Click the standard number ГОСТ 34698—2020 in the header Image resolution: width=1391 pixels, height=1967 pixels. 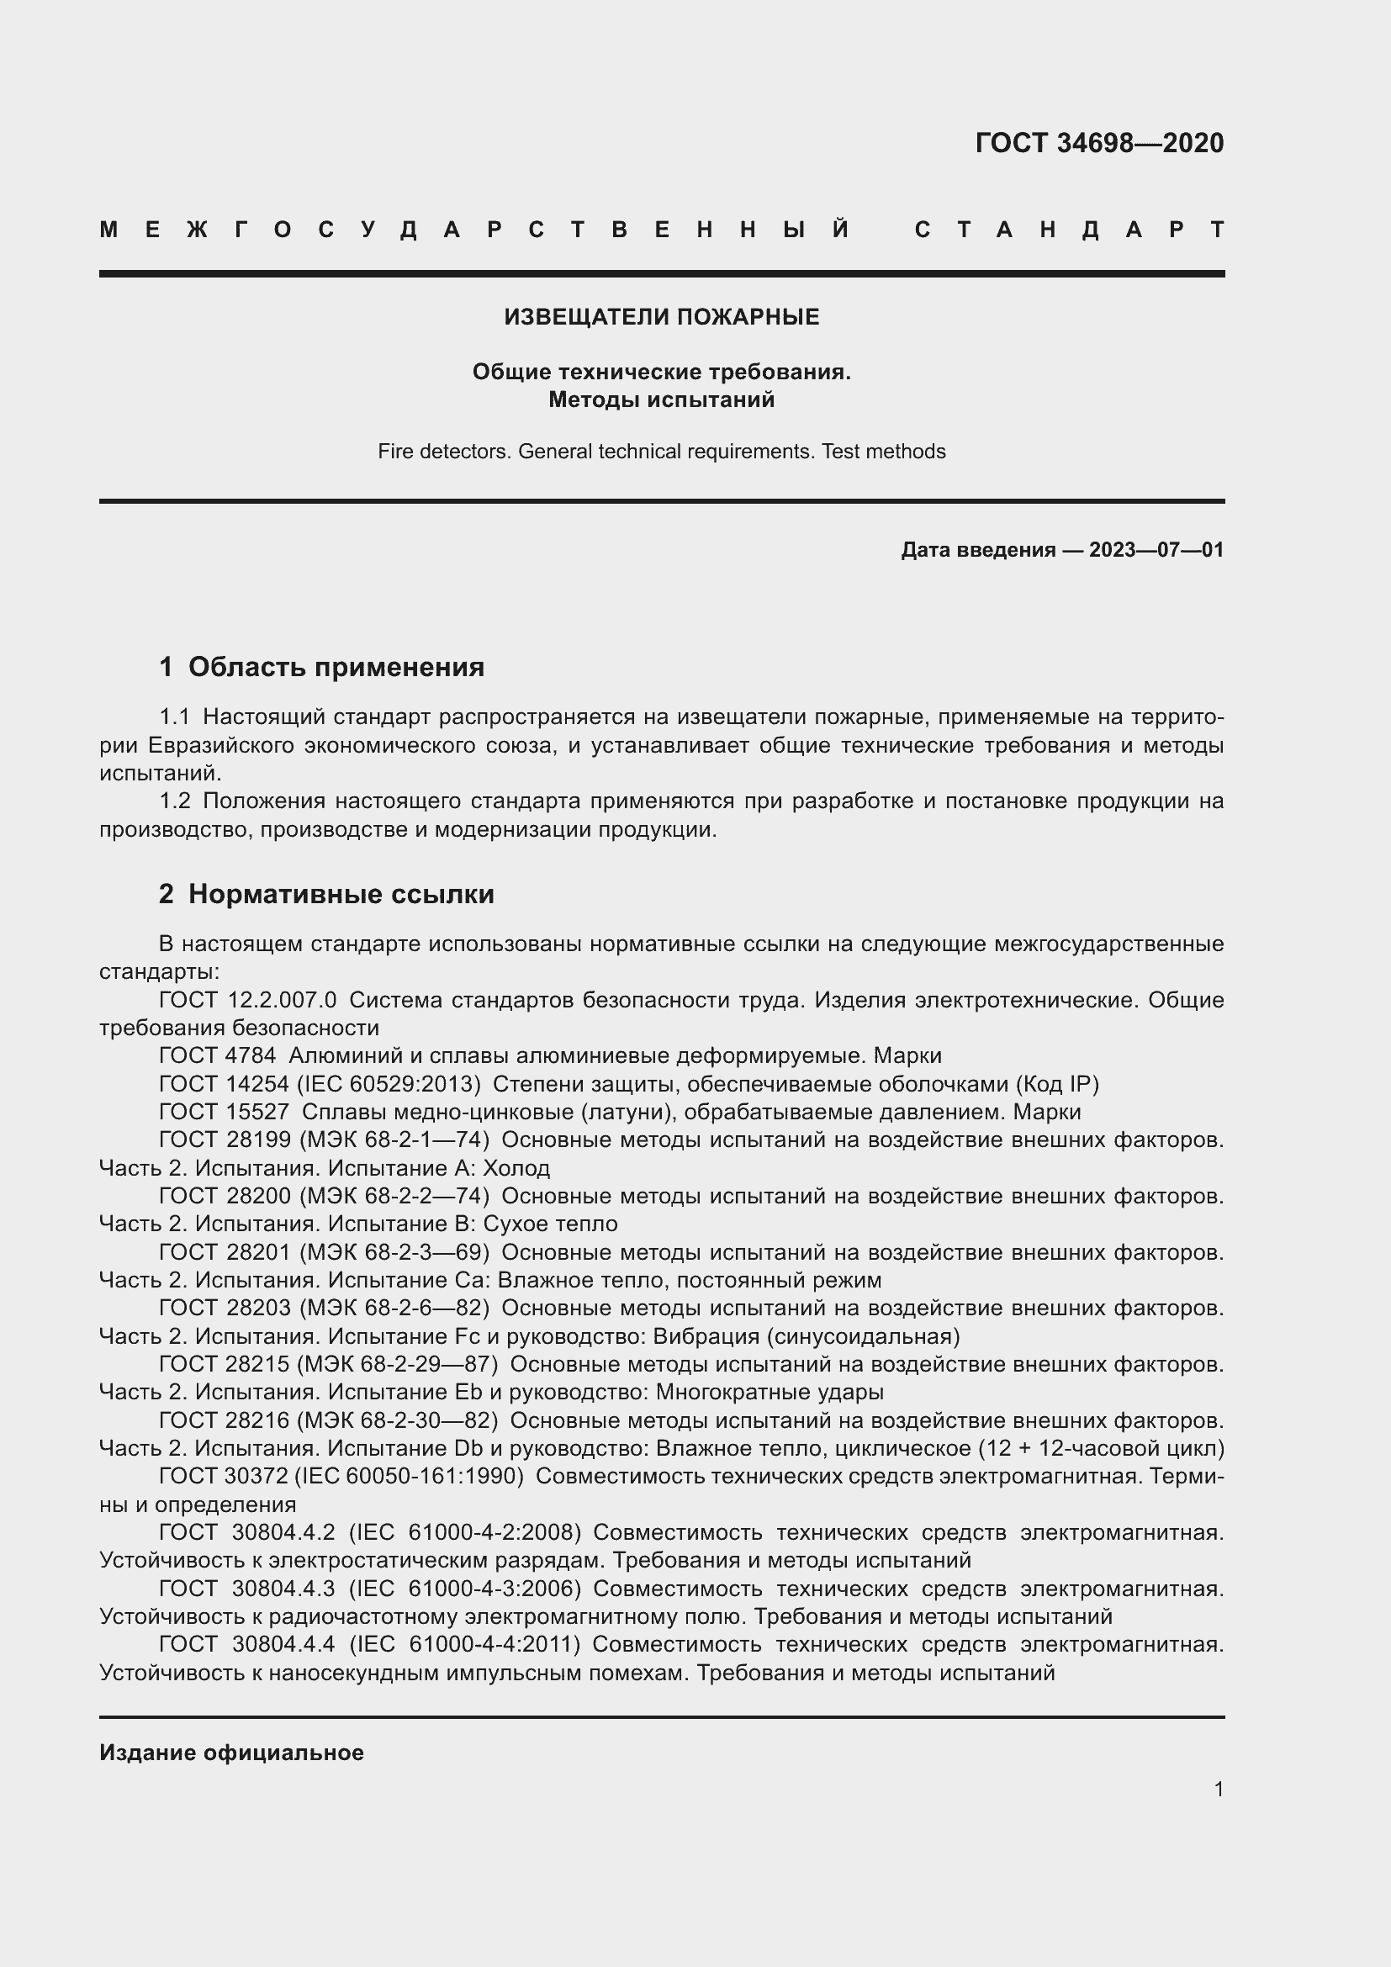(x=1099, y=142)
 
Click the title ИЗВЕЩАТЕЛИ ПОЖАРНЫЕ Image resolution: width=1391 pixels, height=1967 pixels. (x=661, y=317)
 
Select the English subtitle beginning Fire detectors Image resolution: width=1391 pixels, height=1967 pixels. (x=661, y=452)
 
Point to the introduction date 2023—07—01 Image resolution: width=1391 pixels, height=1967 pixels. (x=1156, y=550)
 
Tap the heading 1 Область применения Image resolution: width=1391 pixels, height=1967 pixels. (x=321, y=667)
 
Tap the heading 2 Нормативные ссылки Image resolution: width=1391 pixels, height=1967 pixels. (x=326, y=895)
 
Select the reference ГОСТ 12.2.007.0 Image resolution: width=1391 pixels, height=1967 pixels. (x=247, y=1000)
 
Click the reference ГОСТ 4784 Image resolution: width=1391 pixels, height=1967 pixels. (x=218, y=1055)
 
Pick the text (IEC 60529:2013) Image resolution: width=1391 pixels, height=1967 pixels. (x=389, y=1084)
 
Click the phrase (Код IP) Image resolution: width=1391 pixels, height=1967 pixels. (x=1057, y=1084)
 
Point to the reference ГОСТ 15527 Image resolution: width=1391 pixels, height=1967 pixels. (x=224, y=1112)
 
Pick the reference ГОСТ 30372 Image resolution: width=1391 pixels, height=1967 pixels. (x=224, y=1476)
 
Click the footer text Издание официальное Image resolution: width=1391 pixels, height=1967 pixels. (x=231, y=1753)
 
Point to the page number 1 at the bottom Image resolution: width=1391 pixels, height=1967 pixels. (x=1218, y=1789)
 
